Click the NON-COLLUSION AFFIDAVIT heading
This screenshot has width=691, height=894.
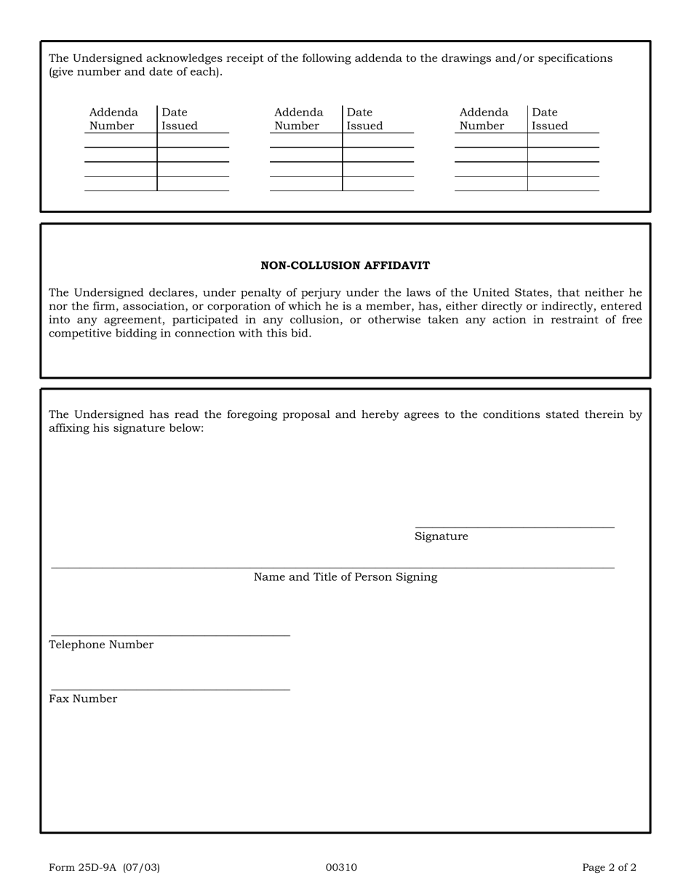(345, 266)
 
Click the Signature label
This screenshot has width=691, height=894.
(441, 536)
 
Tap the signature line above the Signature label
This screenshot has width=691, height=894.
(514, 526)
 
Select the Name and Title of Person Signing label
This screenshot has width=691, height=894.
(345, 577)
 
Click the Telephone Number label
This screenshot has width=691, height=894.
(101, 645)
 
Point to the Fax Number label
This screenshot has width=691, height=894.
(83, 699)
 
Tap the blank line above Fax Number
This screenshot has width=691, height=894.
(170, 688)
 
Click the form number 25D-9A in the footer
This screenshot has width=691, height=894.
(104, 867)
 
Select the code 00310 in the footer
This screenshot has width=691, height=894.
(341, 867)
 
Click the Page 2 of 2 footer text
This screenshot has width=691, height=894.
(609, 867)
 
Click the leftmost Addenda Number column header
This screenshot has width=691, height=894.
(113, 119)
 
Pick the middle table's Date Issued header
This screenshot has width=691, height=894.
(364, 119)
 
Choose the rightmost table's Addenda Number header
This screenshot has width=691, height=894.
(484, 119)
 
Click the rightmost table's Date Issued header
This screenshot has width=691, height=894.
(549, 119)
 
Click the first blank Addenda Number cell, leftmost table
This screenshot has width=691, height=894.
(121, 140)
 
